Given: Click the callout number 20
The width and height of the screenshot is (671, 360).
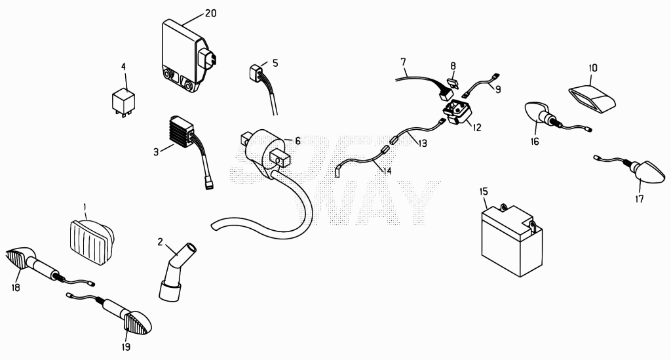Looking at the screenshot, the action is [210, 13].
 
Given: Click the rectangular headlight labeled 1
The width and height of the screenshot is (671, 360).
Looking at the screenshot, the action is [92, 241].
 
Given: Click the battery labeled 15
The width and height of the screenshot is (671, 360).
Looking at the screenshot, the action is [512, 240].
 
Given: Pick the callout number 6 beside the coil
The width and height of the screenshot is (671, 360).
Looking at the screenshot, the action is [297, 141].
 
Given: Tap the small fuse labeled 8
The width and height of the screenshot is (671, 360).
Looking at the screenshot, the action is [453, 81].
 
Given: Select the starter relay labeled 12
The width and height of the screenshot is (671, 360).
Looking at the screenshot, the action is [457, 111].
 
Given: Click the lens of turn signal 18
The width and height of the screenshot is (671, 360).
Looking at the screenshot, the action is [16, 258].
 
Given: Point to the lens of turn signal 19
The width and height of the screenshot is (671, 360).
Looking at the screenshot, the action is [138, 321].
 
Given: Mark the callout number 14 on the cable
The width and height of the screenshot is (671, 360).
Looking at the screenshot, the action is [387, 171].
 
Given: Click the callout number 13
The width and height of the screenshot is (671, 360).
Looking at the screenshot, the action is [423, 143].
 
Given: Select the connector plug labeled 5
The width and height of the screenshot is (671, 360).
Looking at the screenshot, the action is [257, 73].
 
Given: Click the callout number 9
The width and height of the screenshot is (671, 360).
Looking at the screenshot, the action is [498, 89].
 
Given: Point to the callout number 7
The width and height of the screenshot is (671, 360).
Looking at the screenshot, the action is [403, 62].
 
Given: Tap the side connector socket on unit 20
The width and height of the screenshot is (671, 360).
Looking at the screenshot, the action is [208, 58].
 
